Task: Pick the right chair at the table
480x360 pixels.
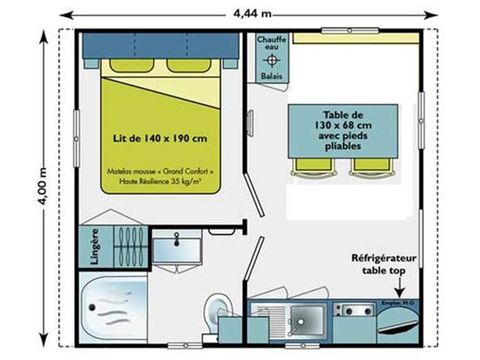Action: coord(365,166)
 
